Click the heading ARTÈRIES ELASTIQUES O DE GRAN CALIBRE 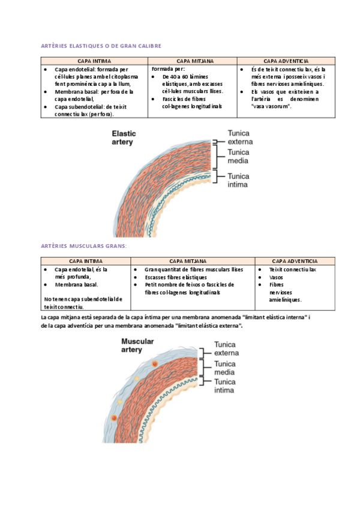(x=101, y=46)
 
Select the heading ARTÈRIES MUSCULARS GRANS (x=83, y=246)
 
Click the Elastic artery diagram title (x=124, y=138)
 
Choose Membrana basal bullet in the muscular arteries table (x=76, y=285)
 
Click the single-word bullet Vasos (x=277, y=277)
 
